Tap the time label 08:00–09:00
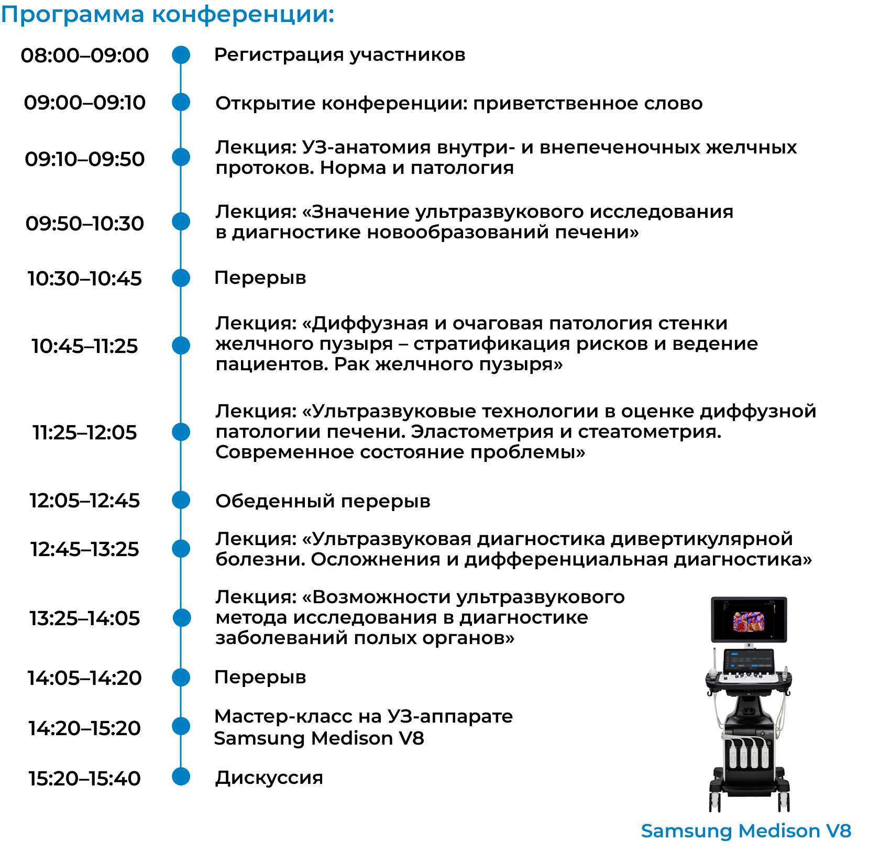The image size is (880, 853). point(85,56)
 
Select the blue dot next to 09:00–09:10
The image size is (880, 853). point(181,102)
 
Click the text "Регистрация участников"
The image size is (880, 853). point(340,55)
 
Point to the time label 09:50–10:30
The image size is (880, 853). point(85,224)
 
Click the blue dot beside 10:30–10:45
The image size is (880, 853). point(181,278)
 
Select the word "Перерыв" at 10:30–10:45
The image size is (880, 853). point(260,278)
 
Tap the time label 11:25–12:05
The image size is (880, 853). point(85,433)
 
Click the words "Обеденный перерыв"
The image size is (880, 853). point(323,501)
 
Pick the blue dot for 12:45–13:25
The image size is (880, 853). point(181,548)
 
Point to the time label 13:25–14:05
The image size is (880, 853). point(85,618)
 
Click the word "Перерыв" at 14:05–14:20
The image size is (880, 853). point(260,678)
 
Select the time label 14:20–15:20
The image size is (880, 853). point(85,728)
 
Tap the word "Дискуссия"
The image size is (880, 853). point(269,778)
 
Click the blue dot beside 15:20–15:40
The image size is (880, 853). point(181,776)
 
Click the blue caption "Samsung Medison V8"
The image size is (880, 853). point(746,831)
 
